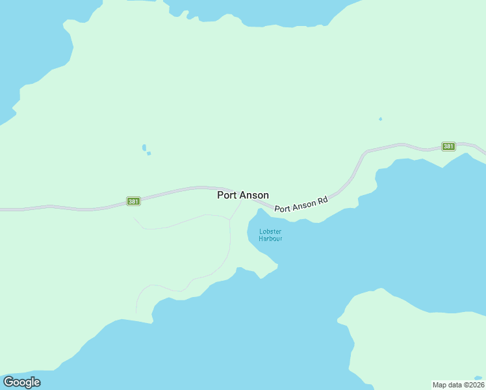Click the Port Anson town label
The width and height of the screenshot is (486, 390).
coord(243,195)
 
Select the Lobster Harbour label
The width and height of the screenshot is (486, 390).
coord(270,235)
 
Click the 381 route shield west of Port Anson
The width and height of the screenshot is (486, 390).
coord(133,201)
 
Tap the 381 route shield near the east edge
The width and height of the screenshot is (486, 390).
coord(448,146)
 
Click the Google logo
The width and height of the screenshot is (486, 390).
coord(21,382)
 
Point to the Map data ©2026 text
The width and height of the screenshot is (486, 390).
coord(458,385)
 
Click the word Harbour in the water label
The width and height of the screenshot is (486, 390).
coord(270,239)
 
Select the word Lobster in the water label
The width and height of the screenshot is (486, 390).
coord(270,231)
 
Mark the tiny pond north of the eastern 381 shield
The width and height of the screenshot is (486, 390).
coord(380,119)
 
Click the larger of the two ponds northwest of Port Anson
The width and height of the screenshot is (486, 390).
coord(144,148)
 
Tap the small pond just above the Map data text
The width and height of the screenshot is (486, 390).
coord(478,378)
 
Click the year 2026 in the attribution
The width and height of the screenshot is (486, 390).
coord(475,385)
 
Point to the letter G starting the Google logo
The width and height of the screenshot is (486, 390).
coord(8,382)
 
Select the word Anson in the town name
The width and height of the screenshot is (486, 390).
coord(253,195)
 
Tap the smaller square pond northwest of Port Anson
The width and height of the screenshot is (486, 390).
coord(149,153)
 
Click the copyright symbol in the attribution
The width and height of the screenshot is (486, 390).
coord(463,385)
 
